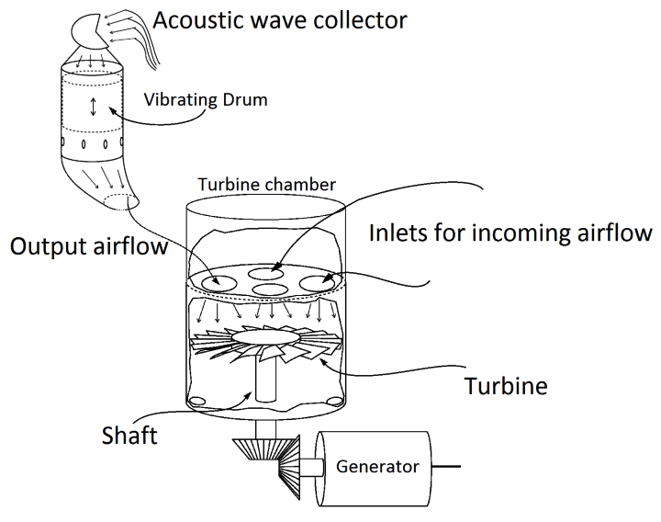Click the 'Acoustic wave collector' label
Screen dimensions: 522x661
coord(280,19)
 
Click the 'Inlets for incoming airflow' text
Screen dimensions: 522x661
coord(510,232)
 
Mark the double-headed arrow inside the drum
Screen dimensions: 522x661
coord(91,107)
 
